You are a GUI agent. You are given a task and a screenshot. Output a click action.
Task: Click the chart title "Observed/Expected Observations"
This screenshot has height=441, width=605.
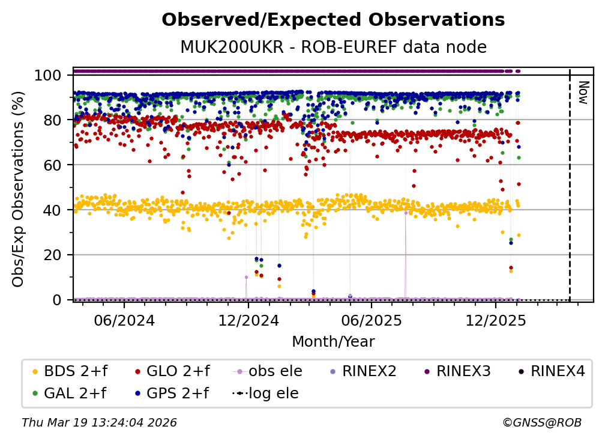tap(333, 20)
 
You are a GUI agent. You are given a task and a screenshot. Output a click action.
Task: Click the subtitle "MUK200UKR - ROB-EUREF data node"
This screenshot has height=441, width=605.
tap(333, 47)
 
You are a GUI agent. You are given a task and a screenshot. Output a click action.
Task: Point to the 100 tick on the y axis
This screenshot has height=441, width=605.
tap(47, 76)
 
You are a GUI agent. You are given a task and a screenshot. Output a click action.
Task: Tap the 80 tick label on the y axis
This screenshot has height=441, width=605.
tap(52, 120)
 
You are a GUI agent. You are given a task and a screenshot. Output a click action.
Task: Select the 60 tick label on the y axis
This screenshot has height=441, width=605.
tap(52, 165)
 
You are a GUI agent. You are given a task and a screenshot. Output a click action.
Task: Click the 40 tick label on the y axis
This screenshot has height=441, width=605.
tap(52, 210)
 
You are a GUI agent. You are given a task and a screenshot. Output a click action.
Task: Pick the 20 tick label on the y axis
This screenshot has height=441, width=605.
tap(52, 255)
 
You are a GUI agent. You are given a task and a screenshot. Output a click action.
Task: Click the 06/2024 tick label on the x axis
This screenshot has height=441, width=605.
tap(124, 320)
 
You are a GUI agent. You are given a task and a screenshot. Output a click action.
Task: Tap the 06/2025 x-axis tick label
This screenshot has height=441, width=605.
tap(371, 320)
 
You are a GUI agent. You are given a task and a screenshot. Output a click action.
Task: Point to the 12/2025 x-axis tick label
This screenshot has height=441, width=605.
tap(495, 320)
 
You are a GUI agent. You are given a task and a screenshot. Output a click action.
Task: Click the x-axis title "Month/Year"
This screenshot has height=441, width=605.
tap(333, 342)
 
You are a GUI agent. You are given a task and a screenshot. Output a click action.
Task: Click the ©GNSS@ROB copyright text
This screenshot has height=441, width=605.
tap(542, 423)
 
